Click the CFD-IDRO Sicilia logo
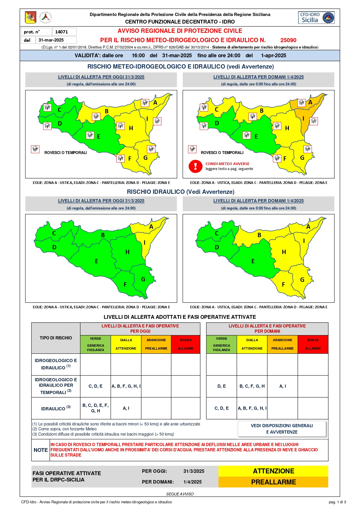(316, 17)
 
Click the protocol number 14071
(62, 32)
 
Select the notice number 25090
(288, 40)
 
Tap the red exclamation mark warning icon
(195, 167)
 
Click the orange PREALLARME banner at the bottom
(273, 482)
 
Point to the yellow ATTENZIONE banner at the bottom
(273, 471)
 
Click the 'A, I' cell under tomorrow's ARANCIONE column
(282, 386)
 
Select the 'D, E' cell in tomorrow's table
(222, 386)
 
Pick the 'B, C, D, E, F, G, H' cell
(96, 408)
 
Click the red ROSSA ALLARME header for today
(186, 344)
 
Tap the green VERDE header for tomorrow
(222, 344)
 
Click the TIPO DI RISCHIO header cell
(56, 338)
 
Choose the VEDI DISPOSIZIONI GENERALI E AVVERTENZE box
(282, 429)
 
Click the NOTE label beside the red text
(41, 450)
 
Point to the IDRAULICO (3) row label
(56, 408)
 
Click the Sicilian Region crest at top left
(31, 17)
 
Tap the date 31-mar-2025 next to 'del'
(51, 40)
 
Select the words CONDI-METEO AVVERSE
(227, 164)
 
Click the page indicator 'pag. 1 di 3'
(337, 502)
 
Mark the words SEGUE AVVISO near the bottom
(180, 494)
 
